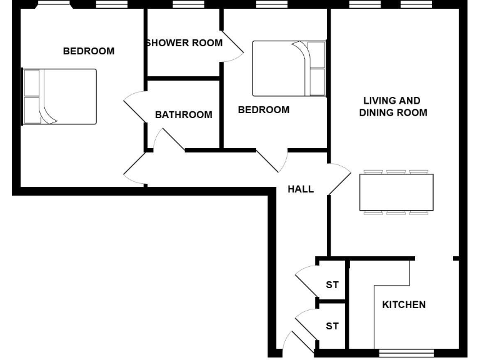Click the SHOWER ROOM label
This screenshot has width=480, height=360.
coord(184,43)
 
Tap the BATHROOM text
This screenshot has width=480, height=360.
coord(183,115)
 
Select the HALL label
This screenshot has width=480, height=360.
coord(301,189)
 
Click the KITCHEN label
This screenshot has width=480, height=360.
coord(404,305)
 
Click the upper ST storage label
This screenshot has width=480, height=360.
coord(332,285)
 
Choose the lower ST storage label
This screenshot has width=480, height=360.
coord(332,326)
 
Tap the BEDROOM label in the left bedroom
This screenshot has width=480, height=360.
coord(89,51)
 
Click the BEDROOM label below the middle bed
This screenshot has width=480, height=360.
coord(264,110)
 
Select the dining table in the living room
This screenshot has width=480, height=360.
coord(396,192)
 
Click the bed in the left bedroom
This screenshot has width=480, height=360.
coord(59,96)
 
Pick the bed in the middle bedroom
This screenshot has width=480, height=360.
coord(289,68)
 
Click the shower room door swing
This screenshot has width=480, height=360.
coord(232,47)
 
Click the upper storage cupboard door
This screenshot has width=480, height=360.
coord(306,281)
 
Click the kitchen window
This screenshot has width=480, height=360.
coord(406,352)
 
